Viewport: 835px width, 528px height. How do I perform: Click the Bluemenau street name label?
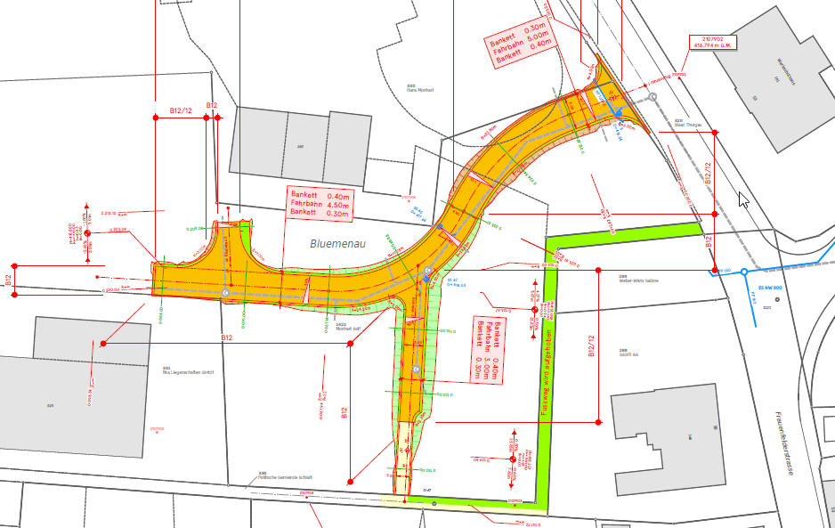(x=335, y=243)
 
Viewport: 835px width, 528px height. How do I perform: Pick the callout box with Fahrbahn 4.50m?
(x=320, y=204)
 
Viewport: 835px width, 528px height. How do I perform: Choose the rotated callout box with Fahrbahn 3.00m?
(x=487, y=349)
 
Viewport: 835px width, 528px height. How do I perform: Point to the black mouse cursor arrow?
(x=743, y=199)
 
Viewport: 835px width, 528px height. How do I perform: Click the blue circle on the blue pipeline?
(x=745, y=272)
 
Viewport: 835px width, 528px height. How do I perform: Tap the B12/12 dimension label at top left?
(x=180, y=110)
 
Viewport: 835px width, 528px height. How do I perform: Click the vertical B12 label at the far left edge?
(x=8, y=280)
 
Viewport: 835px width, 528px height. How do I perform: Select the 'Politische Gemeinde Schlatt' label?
(x=285, y=477)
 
